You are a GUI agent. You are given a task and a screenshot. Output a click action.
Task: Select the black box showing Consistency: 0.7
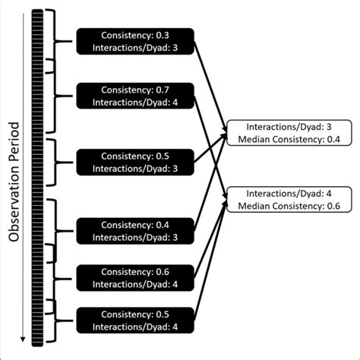(x=134, y=96)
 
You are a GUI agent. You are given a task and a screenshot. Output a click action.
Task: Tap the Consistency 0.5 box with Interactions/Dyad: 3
(x=134, y=160)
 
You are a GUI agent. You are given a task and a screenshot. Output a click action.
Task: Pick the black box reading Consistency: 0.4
(x=134, y=232)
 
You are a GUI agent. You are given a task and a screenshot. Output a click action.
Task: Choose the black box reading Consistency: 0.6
(x=134, y=278)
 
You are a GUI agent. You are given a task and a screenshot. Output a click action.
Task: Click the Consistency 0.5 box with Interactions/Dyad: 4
(x=134, y=321)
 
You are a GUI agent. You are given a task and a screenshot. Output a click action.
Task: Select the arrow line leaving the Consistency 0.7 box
(x=209, y=141)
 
